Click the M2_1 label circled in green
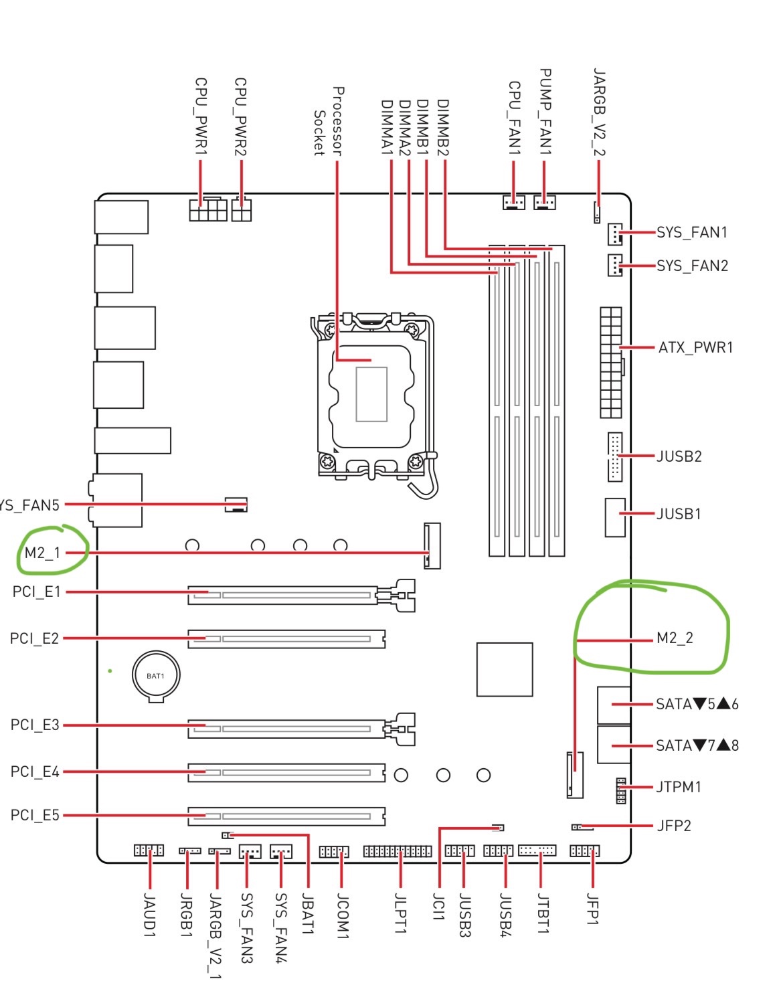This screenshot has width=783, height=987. [x=42, y=553]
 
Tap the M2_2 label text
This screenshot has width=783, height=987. [x=675, y=638]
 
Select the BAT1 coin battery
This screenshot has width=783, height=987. [x=155, y=676]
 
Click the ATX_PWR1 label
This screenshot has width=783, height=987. [x=695, y=348]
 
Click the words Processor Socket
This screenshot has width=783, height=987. [x=329, y=121]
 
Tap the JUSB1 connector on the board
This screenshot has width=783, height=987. [x=615, y=517]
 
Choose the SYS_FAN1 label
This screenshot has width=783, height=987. [x=691, y=233]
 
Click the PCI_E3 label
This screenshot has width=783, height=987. [x=35, y=725]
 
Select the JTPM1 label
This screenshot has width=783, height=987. [x=679, y=787]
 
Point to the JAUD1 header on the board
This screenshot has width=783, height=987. [x=149, y=850]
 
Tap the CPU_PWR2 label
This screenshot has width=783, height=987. [x=241, y=117]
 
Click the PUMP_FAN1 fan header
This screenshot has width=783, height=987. [x=545, y=201]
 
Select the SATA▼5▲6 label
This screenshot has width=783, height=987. [x=697, y=704]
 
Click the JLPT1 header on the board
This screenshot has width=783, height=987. [x=398, y=851]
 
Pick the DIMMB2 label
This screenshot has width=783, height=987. [x=442, y=128]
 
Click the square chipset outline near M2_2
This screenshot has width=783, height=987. [x=505, y=669]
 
